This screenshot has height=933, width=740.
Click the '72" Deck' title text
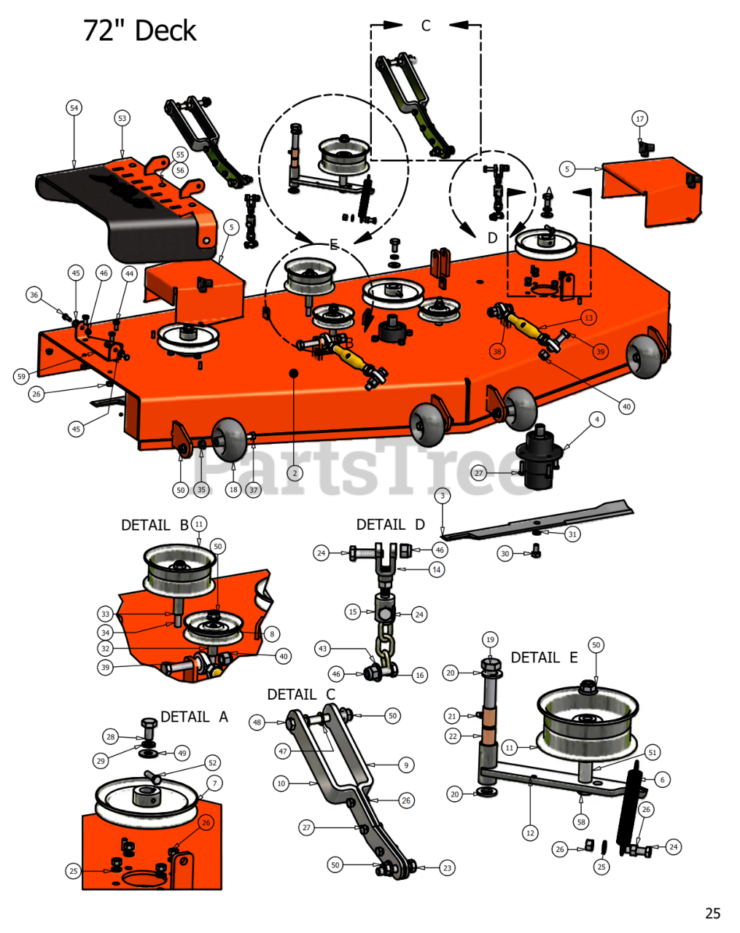[x=139, y=31]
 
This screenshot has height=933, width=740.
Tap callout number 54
[x=74, y=108]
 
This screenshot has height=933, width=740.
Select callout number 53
[x=122, y=118]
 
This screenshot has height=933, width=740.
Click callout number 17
[x=640, y=119]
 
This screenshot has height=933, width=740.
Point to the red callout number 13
[x=588, y=318]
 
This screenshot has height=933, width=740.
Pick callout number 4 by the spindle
[x=597, y=419]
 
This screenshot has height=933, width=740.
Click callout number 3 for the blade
[x=443, y=496]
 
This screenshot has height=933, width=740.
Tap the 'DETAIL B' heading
[x=155, y=525]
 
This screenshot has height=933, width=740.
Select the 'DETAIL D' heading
[x=390, y=525]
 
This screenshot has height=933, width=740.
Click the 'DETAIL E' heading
[x=545, y=657]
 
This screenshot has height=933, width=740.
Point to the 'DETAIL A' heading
[x=195, y=717]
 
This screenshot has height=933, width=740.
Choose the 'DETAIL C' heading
[x=301, y=694]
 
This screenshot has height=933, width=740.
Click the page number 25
[x=713, y=913]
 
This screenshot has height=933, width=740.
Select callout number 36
[x=34, y=294]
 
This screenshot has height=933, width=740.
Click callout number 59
[x=21, y=376]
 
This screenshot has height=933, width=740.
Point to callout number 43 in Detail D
[x=322, y=649]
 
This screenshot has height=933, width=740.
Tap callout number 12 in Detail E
[x=530, y=833]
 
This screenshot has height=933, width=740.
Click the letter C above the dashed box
[x=426, y=26]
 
